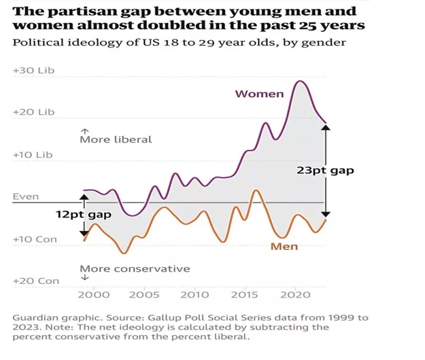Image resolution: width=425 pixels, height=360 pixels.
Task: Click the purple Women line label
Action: [259, 94]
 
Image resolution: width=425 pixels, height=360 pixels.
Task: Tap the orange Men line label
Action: [284, 246]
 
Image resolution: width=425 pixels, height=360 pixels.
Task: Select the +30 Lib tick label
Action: [33, 71]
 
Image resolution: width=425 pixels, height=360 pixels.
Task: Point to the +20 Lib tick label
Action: [33, 112]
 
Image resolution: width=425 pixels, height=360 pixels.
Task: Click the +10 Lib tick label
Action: [33, 155]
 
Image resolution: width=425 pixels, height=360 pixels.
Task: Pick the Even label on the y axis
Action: [26, 197]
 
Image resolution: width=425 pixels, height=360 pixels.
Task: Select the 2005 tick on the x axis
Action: [144, 295]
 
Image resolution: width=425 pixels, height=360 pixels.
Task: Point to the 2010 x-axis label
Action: [195, 295]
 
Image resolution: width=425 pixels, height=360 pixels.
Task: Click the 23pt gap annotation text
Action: [325, 171]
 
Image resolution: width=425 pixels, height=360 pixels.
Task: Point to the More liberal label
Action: [116, 139]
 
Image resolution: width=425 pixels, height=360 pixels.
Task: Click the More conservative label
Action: [135, 268]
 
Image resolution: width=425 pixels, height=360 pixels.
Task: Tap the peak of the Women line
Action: [299, 82]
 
